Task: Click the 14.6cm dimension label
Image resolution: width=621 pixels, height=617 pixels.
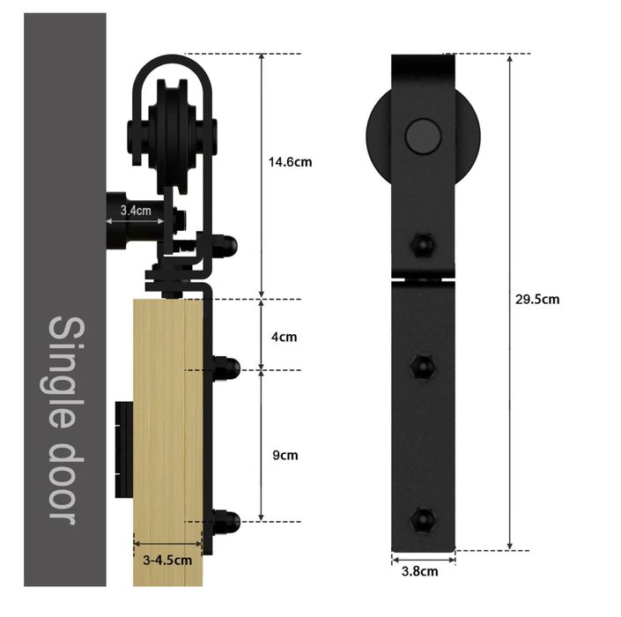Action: [x=290, y=162]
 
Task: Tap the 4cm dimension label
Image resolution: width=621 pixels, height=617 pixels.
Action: [x=284, y=337]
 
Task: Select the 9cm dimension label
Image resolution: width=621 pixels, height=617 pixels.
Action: [x=285, y=456]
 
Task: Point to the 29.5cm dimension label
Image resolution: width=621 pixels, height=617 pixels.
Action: [x=537, y=300]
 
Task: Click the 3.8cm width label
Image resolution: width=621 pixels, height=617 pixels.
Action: [x=420, y=571]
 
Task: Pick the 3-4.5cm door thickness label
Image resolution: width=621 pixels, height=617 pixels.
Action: [x=167, y=561]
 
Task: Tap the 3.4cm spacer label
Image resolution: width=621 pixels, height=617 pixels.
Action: [x=136, y=211]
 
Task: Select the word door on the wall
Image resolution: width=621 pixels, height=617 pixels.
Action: [x=67, y=483]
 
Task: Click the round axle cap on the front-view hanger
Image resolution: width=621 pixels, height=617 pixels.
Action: [x=423, y=137]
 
